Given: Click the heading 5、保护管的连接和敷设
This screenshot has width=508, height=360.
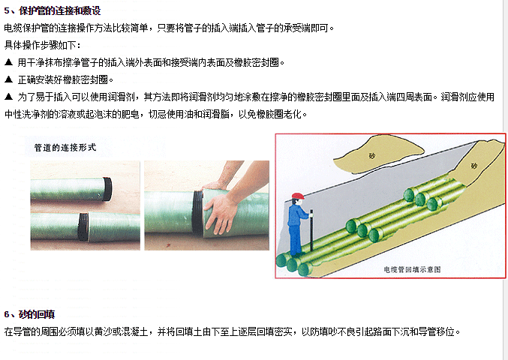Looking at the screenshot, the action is click(x=53, y=11).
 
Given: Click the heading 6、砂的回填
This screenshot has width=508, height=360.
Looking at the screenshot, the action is click(x=29, y=314).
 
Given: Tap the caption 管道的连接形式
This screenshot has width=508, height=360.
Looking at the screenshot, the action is click(x=65, y=148).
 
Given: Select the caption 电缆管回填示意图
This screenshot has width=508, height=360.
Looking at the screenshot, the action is click(x=412, y=269).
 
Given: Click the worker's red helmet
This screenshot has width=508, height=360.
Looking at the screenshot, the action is click(x=298, y=196).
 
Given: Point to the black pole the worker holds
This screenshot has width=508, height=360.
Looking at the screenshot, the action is click(x=311, y=230).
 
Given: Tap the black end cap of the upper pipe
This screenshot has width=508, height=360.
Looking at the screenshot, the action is click(x=107, y=189).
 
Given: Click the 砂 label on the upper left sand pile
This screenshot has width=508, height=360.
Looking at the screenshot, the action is click(x=372, y=156).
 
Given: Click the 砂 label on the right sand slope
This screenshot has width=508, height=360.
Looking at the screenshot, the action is click(x=473, y=166).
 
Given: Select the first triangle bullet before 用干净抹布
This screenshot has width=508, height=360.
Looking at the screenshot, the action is click(x=9, y=62).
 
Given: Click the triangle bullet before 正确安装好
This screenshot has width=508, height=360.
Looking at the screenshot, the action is click(x=9, y=79).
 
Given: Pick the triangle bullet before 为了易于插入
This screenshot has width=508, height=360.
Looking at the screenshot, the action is click(x=9, y=97).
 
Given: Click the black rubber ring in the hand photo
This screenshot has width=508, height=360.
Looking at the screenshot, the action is click(x=197, y=212).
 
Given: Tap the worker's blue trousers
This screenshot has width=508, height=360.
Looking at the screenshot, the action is click(x=295, y=239).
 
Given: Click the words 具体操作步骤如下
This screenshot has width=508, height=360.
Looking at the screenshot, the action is click(x=41, y=45).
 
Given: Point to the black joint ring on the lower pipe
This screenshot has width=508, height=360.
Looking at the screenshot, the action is click(x=83, y=226).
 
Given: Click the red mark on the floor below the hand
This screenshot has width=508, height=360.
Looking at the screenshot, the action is click(x=168, y=245).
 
